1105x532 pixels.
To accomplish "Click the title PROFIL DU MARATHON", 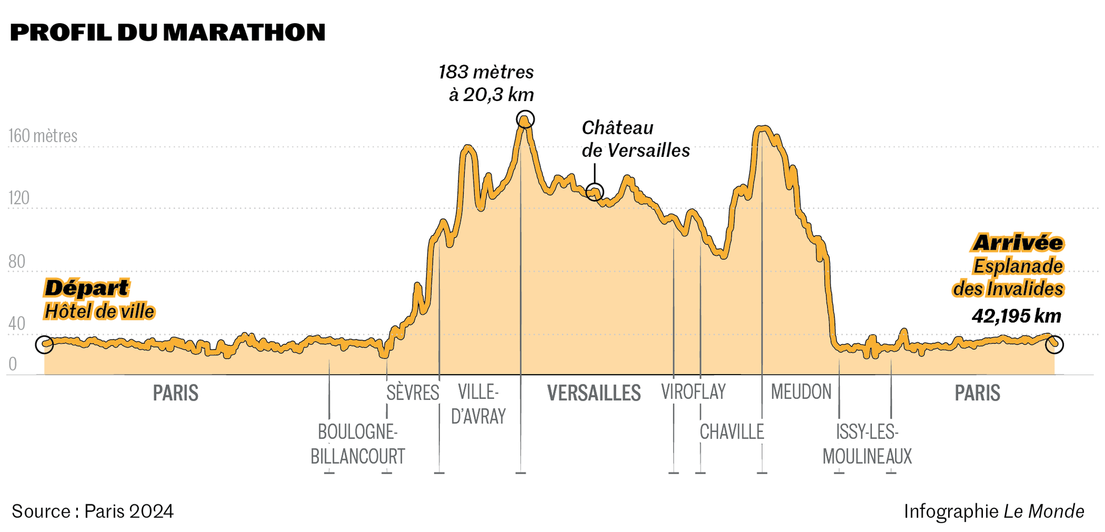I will pos(167,33).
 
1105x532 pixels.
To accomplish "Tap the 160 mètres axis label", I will pos(43,136).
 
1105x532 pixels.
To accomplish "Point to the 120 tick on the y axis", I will pos(19,198).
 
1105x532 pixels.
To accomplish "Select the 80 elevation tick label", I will pos(17,261).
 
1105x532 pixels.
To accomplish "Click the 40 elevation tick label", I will pos(17,324).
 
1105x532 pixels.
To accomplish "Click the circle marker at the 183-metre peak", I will pos(525,119).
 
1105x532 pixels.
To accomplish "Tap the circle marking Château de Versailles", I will pos(594,192).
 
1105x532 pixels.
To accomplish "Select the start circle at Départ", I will pos(44,345).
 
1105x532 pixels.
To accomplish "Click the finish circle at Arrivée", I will pos(1054,344).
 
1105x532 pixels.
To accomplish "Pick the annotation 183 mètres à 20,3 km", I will pos(487,83).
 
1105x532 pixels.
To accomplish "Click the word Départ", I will pos(86,288).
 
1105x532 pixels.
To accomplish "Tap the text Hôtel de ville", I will pos(99,312).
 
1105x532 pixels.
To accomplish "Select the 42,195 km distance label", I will pos(1017,316).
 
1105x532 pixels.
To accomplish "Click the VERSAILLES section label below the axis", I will pos(594,393).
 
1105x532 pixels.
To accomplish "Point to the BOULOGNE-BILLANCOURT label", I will pos(357,444).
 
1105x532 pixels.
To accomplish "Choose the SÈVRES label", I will pos(413,393).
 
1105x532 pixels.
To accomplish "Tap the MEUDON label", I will pos(801,392).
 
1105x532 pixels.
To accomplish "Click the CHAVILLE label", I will pos(732,432).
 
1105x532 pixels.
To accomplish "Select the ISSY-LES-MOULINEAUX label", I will pos(867,444).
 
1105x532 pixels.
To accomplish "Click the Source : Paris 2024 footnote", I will pos(93,512).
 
